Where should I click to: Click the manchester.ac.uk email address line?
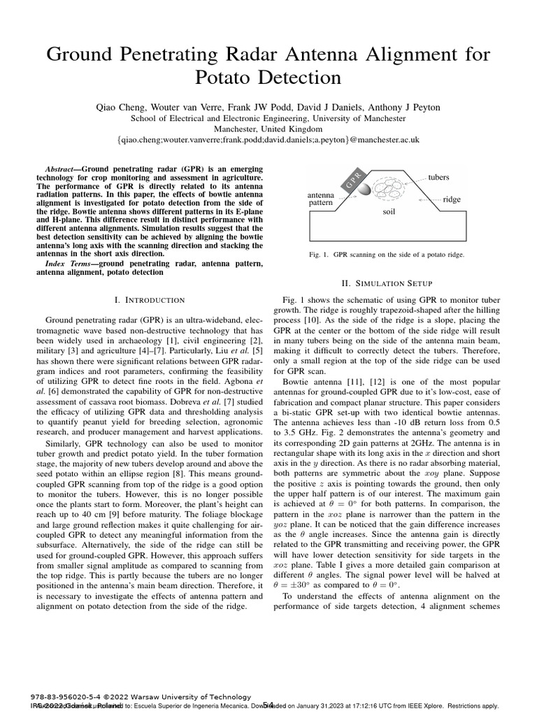click(268, 140)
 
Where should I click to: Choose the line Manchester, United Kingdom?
click(268, 129)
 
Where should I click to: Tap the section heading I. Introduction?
click(149, 300)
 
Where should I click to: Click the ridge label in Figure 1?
click(452, 199)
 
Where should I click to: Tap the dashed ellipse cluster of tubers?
click(390, 190)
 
